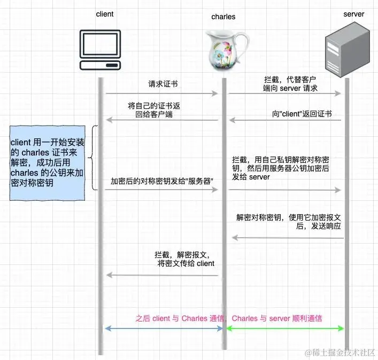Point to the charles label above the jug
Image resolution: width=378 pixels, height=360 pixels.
223,17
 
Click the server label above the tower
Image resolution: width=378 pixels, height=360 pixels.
353,14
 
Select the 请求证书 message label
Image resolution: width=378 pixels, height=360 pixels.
163,84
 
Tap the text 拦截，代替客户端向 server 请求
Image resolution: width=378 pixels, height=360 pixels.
290,83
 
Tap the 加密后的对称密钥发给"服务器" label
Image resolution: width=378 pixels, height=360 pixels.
162,182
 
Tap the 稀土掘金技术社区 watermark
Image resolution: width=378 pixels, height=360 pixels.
340,353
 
